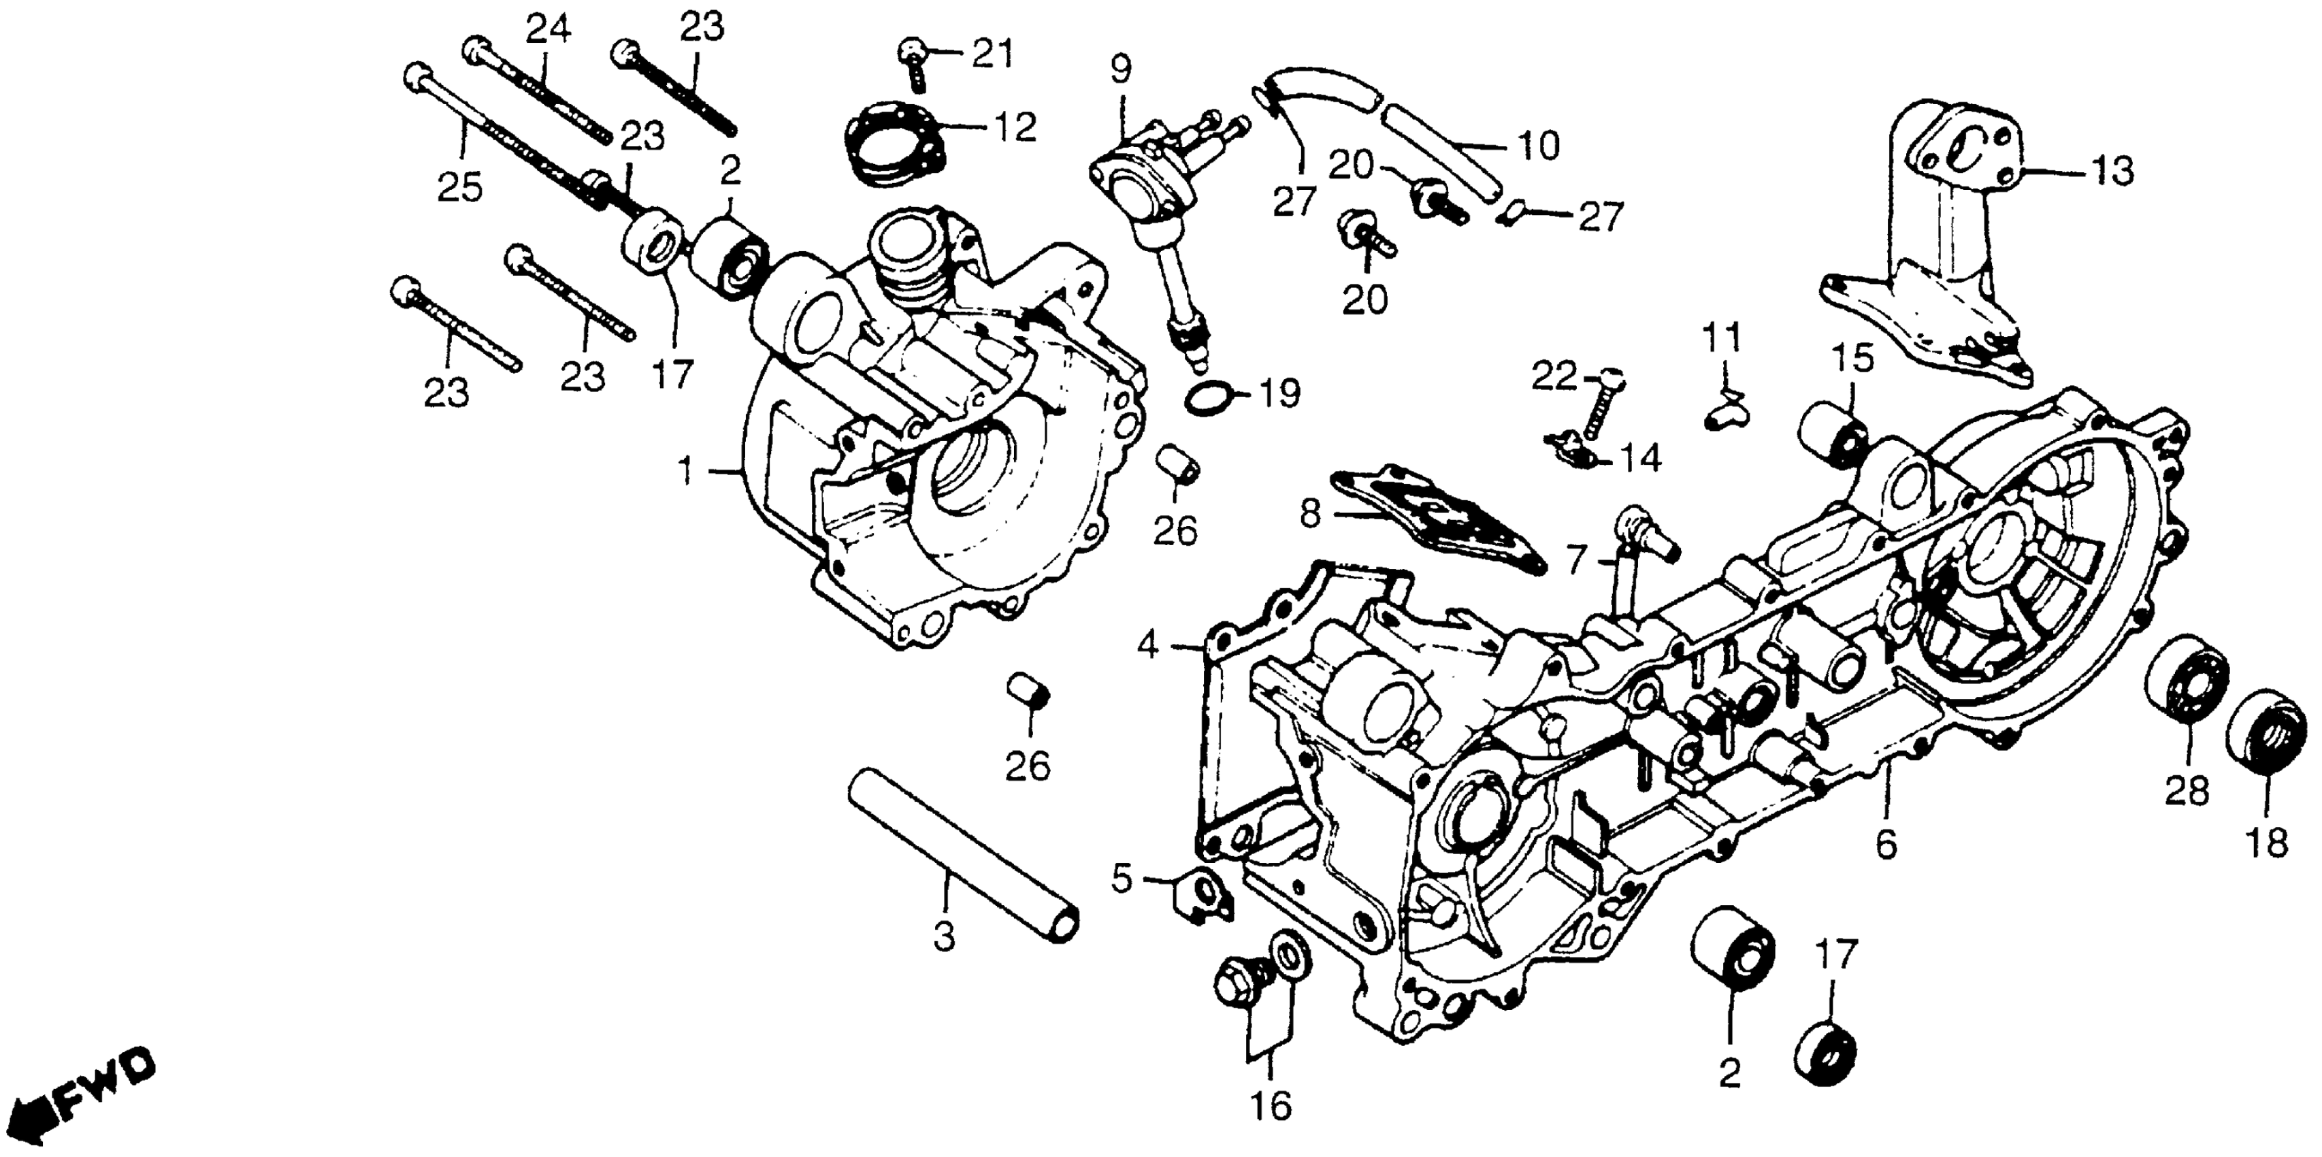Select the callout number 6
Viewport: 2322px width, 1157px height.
coord(1886,845)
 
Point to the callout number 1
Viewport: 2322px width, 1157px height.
coord(687,472)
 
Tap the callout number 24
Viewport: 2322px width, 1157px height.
coord(548,31)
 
